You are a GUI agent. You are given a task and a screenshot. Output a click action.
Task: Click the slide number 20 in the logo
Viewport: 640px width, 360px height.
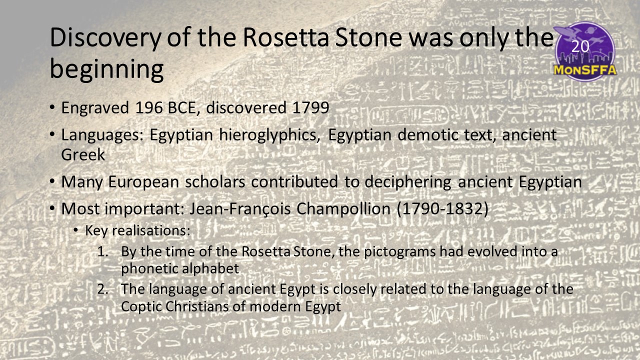point(580,46)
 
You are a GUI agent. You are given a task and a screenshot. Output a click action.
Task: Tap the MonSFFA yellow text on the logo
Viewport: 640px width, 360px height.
point(585,70)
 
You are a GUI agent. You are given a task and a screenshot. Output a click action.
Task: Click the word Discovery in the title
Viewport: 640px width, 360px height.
point(105,38)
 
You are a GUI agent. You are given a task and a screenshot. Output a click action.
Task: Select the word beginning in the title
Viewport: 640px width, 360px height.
point(107,69)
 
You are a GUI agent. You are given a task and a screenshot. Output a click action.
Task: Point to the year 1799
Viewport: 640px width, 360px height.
point(311,108)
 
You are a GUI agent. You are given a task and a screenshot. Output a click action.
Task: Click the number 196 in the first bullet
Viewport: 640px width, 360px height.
point(148,108)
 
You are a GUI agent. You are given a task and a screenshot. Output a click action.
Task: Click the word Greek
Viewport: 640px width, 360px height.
point(83,155)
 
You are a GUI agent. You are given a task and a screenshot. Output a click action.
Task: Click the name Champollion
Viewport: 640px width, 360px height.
point(343,209)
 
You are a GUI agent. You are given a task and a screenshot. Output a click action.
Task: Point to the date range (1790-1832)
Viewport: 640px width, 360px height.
point(442,209)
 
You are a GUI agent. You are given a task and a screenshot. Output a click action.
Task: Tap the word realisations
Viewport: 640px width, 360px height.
point(151,230)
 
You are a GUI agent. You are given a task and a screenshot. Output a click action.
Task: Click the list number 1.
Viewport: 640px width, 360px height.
point(102,251)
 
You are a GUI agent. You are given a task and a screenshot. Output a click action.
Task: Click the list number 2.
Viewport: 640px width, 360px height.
point(102,289)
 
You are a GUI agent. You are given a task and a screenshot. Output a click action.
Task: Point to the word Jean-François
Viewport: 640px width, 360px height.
point(240,209)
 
